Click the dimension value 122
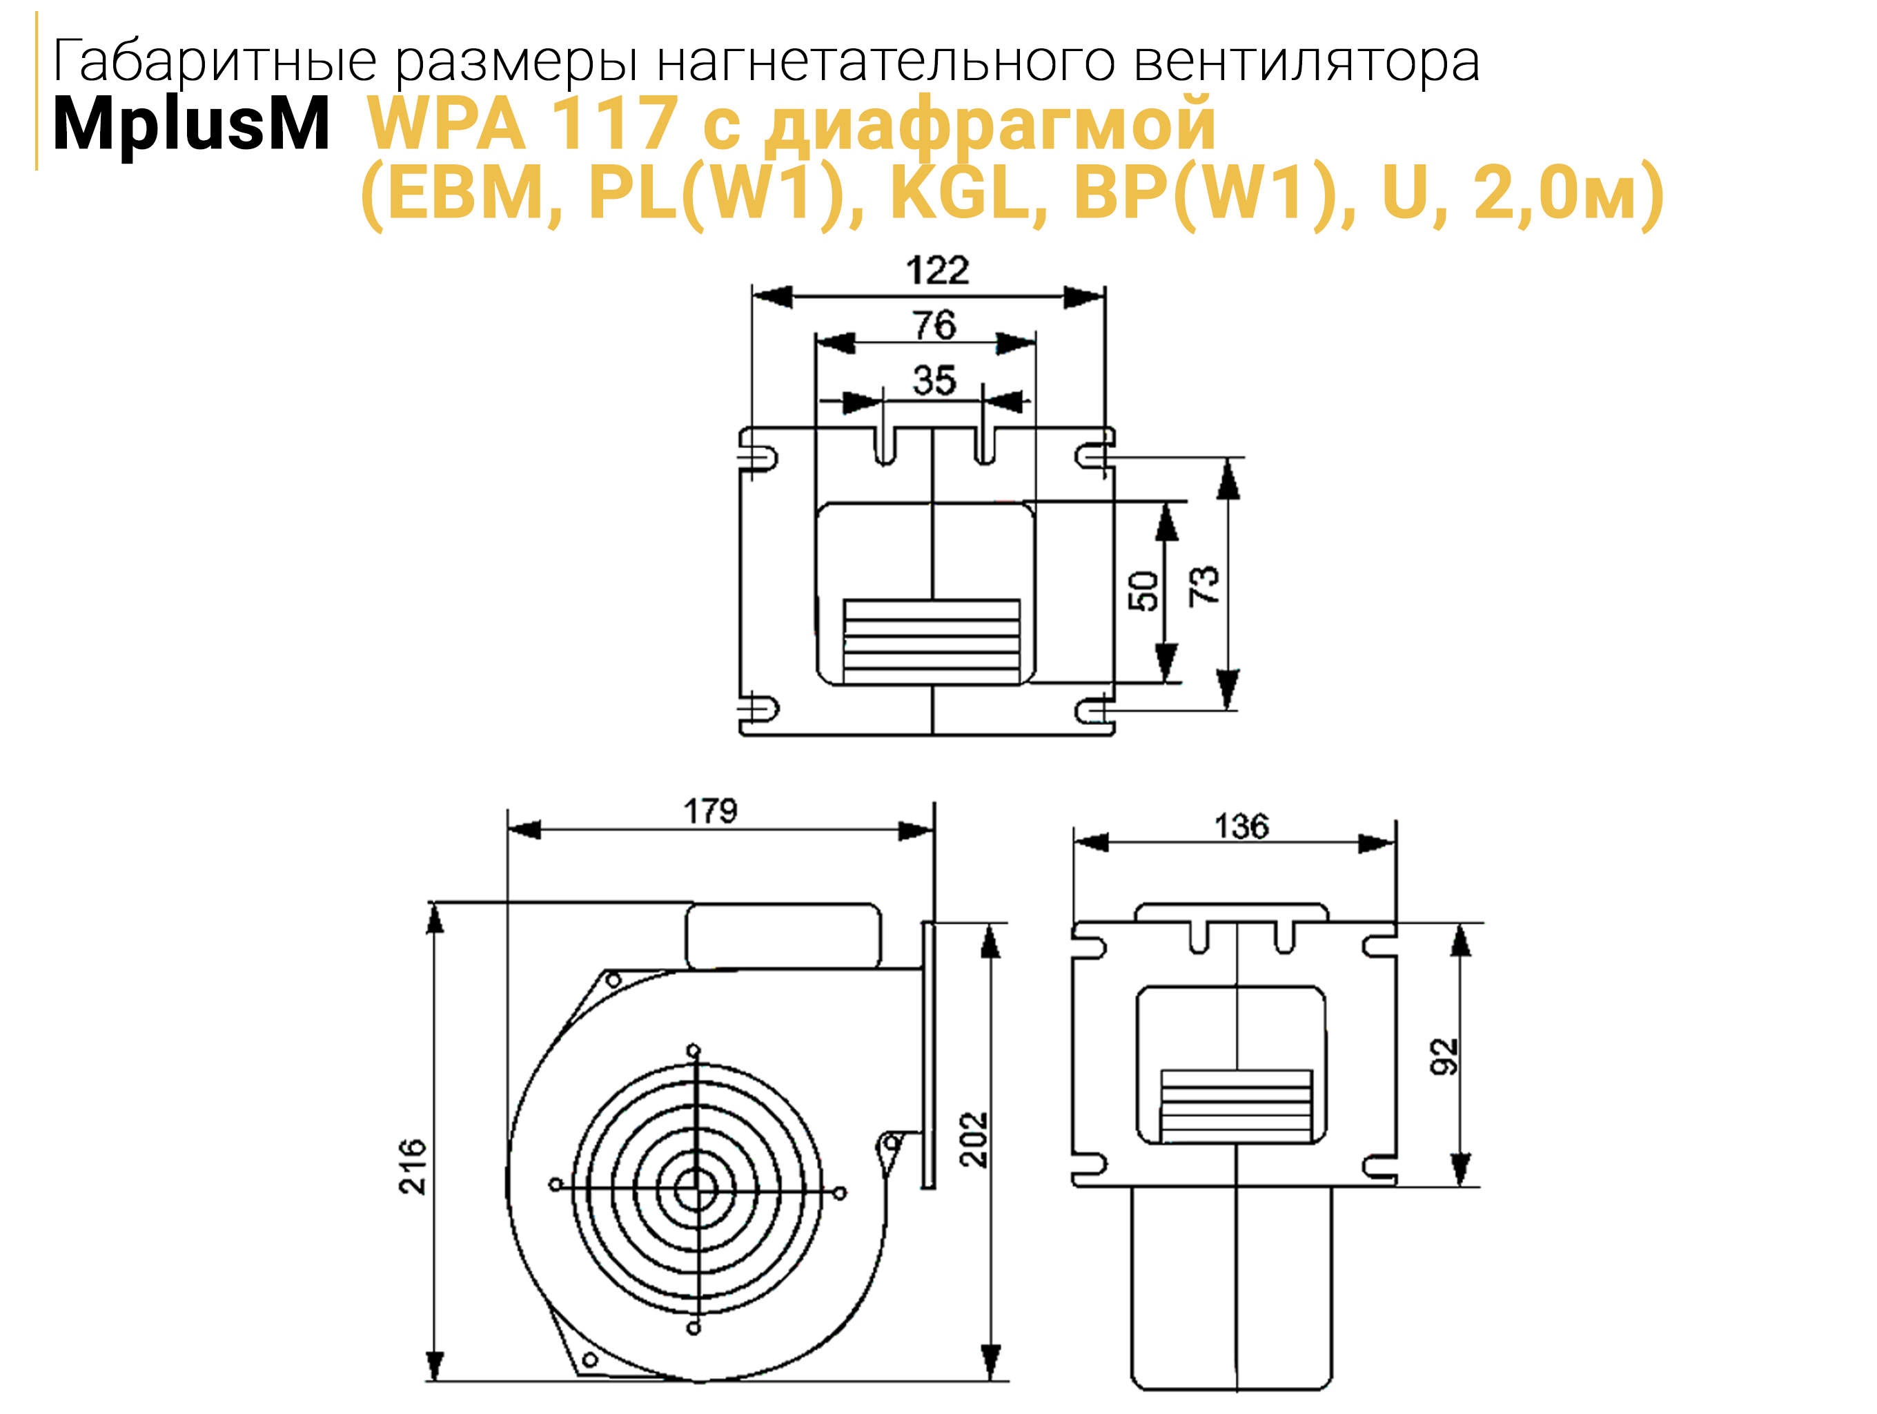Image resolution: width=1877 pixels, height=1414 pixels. click(937, 271)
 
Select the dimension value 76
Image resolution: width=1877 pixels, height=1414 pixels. click(934, 325)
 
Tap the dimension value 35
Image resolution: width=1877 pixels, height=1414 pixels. click(934, 380)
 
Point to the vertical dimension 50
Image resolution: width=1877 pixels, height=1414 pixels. click(1143, 592)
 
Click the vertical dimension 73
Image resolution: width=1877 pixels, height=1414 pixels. click(1203, 585)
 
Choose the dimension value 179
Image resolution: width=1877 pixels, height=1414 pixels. click(710, 811)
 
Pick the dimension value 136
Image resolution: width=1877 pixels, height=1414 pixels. click(1241, 826)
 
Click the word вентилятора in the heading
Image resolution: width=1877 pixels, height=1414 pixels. click(1307, 62)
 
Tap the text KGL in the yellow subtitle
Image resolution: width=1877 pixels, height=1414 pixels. click(967, 193)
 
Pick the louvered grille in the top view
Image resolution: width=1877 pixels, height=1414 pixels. click(932, 641)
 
